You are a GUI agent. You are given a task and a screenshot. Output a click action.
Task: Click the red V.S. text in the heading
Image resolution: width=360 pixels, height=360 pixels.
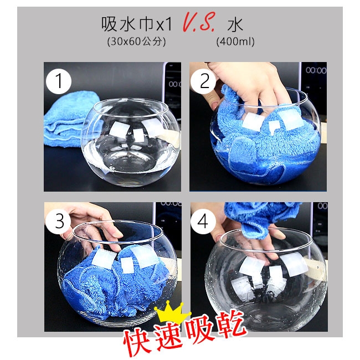coord(199,22)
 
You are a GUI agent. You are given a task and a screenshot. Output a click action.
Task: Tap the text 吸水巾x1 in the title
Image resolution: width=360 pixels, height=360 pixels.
coord(137,24)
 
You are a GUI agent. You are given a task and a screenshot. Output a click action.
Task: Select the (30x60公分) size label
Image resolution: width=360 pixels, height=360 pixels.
coord(136,42)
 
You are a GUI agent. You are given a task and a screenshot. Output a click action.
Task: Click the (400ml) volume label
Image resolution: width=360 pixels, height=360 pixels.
coord(235,42)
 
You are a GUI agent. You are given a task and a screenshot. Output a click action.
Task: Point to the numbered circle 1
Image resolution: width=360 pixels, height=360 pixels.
coord(59,81)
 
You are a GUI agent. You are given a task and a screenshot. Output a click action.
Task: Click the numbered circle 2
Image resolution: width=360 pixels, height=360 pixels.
coord(203,81)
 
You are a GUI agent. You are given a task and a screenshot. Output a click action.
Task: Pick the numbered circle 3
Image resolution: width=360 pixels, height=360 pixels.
coord(58,221)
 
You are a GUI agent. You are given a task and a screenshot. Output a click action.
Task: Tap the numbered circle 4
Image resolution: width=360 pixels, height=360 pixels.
coord(203,221)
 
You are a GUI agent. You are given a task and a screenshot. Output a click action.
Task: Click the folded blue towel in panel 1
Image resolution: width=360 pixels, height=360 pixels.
coord(69,119)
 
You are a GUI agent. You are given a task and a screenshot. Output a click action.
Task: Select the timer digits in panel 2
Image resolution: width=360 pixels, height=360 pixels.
coord(316,70)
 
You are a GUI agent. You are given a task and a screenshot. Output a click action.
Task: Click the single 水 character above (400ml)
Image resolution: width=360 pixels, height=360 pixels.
coord(235,24)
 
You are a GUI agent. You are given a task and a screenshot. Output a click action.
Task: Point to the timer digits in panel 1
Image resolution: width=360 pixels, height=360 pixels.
coord(175,85)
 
